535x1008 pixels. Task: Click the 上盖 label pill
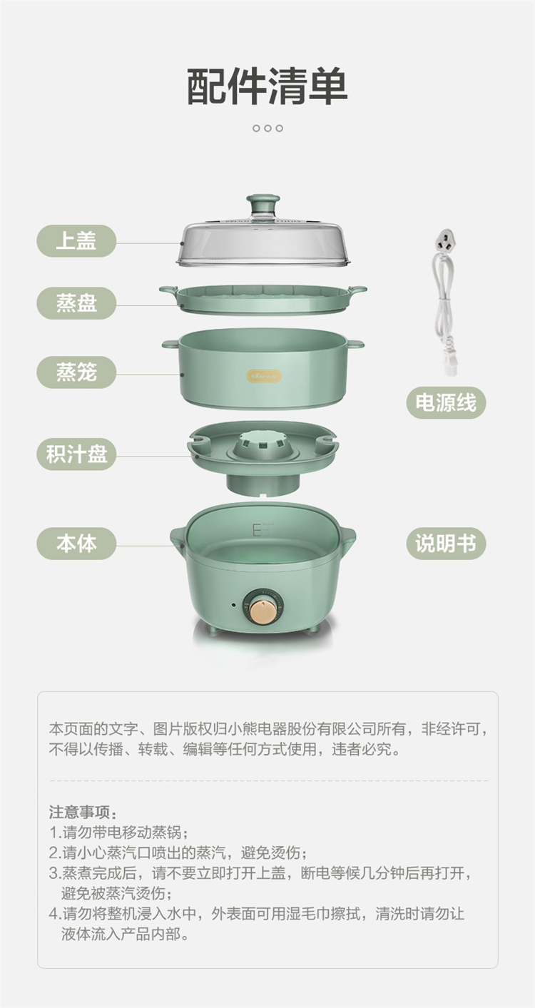76,240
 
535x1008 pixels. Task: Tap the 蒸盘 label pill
76,303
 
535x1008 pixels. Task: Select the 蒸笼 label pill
76,372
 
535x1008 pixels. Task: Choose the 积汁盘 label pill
76,454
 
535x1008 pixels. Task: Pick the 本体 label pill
76,543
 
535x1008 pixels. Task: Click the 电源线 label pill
445,402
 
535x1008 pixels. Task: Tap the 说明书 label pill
445,543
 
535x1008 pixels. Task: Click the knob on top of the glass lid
263,205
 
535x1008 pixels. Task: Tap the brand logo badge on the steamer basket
264,376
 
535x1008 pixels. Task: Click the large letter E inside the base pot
257,529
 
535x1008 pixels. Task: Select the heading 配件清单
267,86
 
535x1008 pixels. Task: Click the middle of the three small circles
267,128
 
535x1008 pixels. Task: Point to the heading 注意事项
83,813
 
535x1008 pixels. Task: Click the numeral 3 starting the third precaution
53,873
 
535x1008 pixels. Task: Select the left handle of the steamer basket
170,345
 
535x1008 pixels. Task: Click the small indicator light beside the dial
234,604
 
